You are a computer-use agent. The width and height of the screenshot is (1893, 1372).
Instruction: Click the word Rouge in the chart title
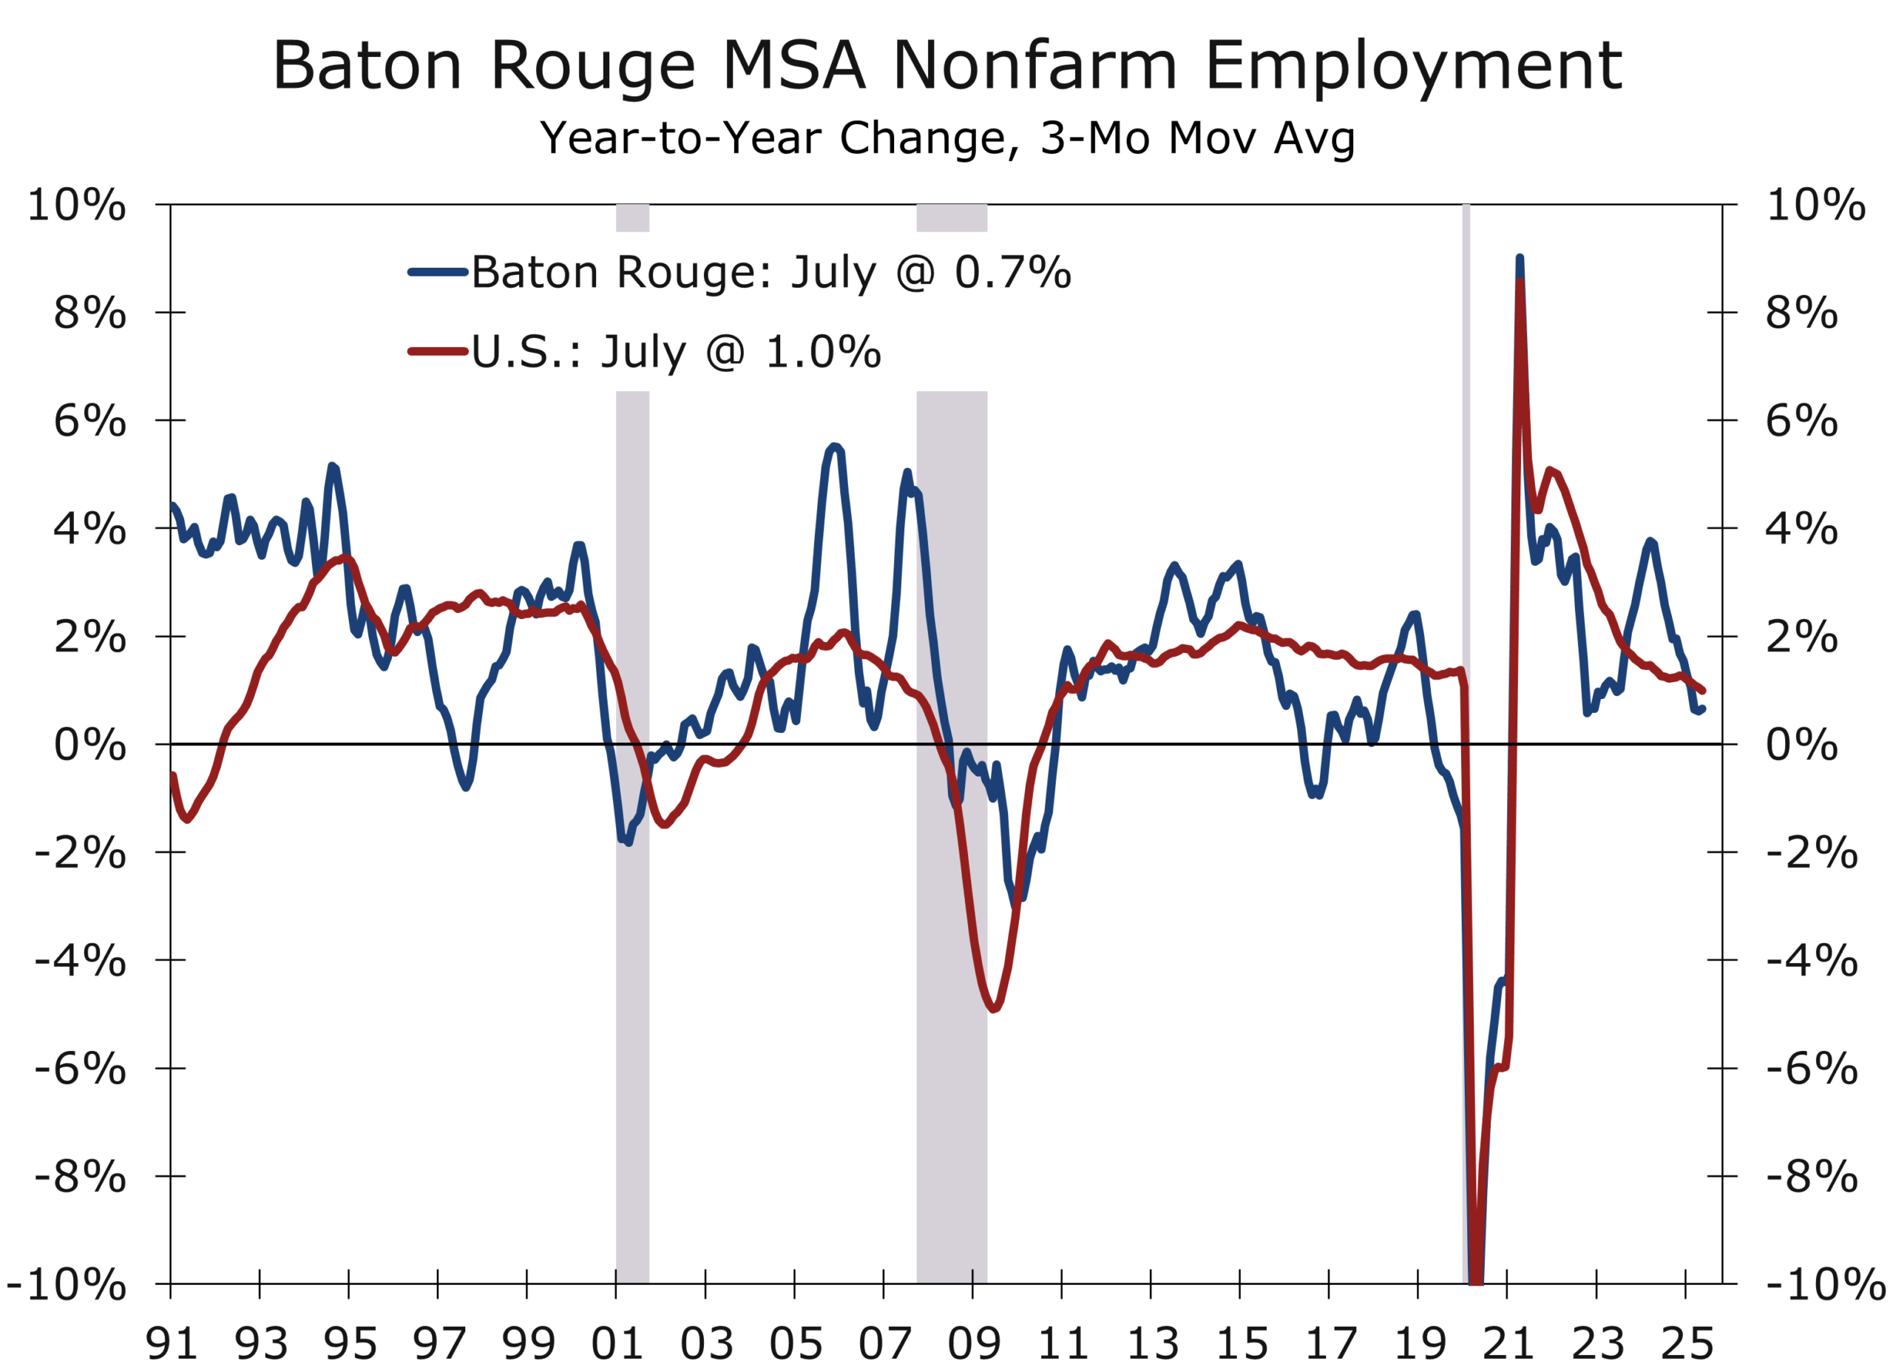click(x=592, y=66)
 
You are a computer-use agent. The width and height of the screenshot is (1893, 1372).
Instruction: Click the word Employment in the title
click(x=1413, y=66)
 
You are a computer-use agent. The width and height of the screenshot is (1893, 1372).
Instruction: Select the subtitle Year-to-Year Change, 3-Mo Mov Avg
click(x=946, y=138)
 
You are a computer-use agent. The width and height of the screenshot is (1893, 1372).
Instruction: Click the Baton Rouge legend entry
click(x=770, y=272)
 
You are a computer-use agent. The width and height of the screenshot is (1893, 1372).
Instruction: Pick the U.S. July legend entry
click(x=674, y=351)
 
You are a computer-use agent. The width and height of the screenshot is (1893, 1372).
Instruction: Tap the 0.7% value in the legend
click(x=1012, y=272)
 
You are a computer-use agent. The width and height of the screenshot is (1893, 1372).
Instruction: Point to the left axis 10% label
click(x=77, y=205)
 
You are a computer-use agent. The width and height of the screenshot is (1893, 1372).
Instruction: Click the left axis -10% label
click(x=67, y=1284)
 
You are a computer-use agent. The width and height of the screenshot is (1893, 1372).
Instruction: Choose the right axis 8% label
click(x=1801, y=313)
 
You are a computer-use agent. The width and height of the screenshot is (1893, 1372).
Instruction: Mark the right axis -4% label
click(x=1811, y=960)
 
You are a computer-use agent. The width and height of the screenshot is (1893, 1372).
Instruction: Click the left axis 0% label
click(x=90, y=745)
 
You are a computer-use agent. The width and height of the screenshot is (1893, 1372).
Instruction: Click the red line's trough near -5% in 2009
click(x=993, y=1010)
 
